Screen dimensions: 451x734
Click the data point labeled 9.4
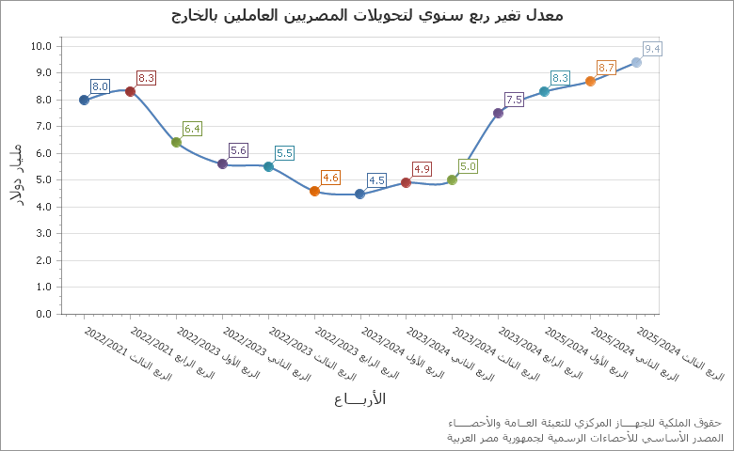click(636, 62)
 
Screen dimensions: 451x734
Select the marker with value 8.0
click(84, 100)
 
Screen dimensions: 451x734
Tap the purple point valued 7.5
click(498, 113)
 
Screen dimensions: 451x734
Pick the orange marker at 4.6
click(314, 191)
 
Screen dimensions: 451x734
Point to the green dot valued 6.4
click(176, 143)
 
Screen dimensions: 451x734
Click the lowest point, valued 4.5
click(359, 194)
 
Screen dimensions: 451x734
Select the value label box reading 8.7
click(606, 68)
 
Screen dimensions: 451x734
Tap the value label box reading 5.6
click(238, 150)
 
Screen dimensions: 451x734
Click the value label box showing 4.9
click(422, 169)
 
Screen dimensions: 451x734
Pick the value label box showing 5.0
click(468, 166)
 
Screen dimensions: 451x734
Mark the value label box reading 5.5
click(284, 153)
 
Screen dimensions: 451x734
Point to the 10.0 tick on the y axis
click(41, 45)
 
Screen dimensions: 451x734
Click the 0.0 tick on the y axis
click(43, 314)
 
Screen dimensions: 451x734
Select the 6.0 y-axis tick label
click(43, 153)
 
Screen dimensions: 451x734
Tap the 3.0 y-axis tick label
click(43, 233)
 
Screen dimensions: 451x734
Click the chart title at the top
click(367, 15)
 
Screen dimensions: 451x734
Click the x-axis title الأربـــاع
click(359, 398)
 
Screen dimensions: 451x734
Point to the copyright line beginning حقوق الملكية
click(584, 423)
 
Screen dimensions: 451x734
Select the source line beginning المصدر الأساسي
click(584, 438)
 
